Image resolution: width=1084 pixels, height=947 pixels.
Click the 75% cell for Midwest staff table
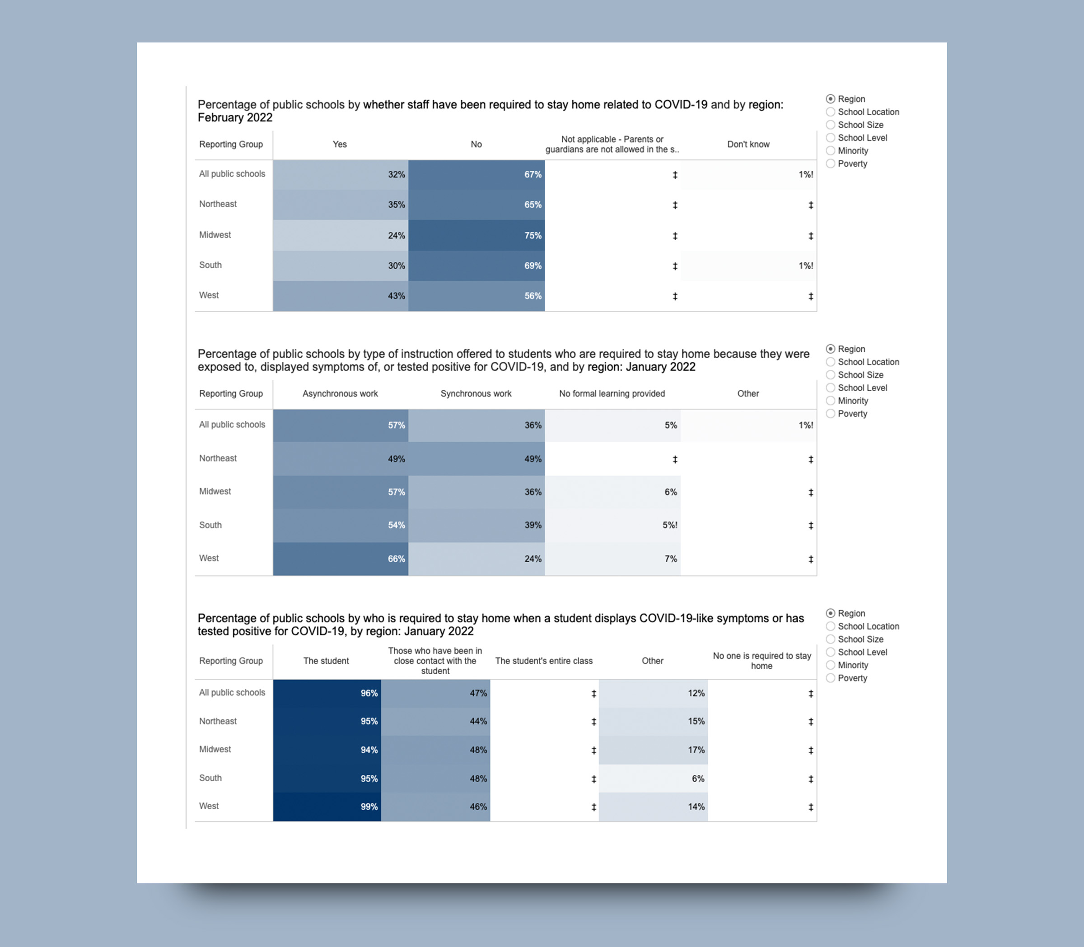pyautogui.click(x=477, y=236)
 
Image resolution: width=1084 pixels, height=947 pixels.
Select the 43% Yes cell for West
pyautogui.click(x=341, y=296)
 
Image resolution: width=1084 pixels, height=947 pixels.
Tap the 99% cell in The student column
pyautogui.click(x=327, y=807)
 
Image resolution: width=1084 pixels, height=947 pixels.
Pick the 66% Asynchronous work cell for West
pyautogui.click(x=341, y=559)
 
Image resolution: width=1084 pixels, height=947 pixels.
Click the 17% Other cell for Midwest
pyautogui.click(x=653, y=750)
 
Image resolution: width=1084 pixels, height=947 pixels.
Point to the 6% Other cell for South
pyautogui.click(x=653, y=779)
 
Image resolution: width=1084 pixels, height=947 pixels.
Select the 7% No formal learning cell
pyautogui.click(x=612, y=559)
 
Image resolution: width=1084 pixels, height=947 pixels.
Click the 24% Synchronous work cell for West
pyautogui.click(x=477, y=559)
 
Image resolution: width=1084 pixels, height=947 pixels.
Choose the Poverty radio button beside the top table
pyautogui.click(x=830, y=164)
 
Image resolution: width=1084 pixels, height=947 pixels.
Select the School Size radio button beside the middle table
pyautogui.click(x=830, y=375)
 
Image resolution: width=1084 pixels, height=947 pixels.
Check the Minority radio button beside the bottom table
pyautogui.click(x=830, y=665)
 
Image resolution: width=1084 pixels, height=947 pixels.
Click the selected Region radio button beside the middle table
pyautogui.click(x=830, y=349)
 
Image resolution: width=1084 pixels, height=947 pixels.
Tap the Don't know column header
pyautogui.click(x=748, y=144)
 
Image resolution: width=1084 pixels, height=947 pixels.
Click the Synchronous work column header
pyautogui.click(x=476, y=394)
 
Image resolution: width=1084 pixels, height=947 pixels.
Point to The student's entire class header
pyautogui.click(x=544, y=661)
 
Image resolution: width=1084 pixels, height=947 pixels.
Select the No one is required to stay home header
pyautogui.click(x=762, y=661)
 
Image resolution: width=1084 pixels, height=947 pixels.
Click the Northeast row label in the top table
pyautogui.click(x=218, y=204)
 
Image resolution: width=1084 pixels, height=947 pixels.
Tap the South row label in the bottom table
pyautogui.click(x=210, y=778)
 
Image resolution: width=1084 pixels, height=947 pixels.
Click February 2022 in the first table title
pyautogui.click(x=235, y=118)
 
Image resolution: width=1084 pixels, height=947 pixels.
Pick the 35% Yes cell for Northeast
pyautogui.click(x=341, y=205)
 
